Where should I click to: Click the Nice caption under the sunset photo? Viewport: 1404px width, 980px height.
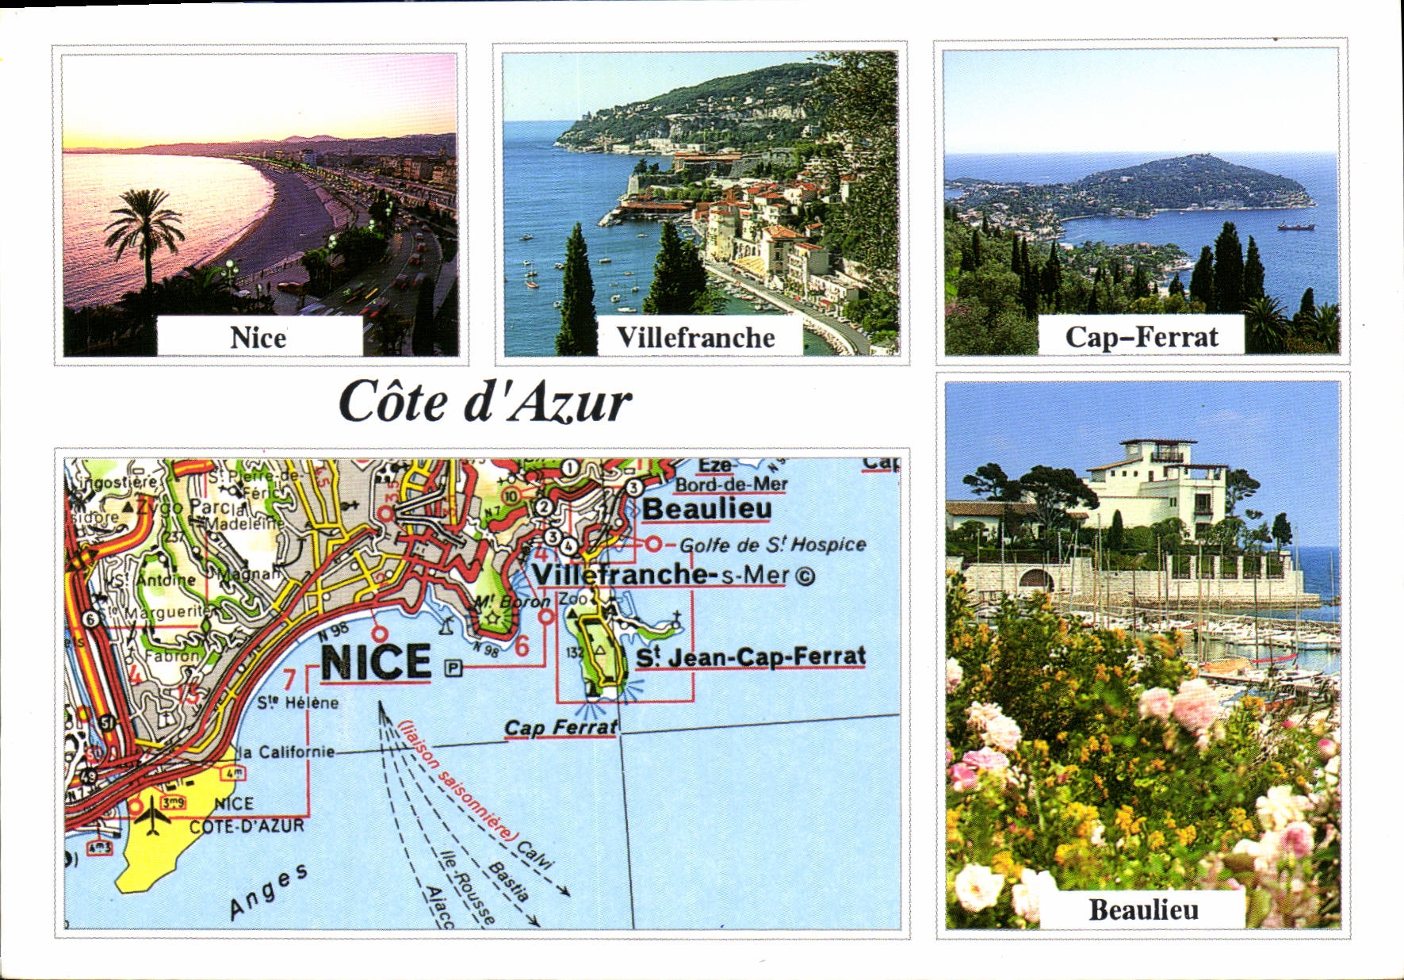click(258, 337)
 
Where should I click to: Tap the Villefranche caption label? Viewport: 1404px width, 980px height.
click(696, 337)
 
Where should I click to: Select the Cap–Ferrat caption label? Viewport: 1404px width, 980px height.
click(1141, 336)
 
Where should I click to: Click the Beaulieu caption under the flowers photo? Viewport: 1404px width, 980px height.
click(1143, 909)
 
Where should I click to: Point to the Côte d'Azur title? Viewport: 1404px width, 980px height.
click(484, 402)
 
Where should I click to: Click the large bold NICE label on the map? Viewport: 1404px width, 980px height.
click(376, 662)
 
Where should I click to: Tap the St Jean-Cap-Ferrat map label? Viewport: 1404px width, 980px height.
click(751, 657)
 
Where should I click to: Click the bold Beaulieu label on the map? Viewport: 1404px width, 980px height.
click(706, 509)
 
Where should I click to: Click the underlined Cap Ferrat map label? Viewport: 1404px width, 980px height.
click(560, 727)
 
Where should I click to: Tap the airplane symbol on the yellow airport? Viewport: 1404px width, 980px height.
click(151, 817)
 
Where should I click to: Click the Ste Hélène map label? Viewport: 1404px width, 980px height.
click(297, 702)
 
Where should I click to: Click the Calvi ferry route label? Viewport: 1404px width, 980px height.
click(535, 856)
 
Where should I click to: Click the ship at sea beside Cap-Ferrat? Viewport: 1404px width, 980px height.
click(1295, 227)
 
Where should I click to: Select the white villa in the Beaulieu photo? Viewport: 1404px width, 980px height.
click(1157, 484)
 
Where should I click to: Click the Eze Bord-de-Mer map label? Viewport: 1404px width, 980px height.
click(731, 475)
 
